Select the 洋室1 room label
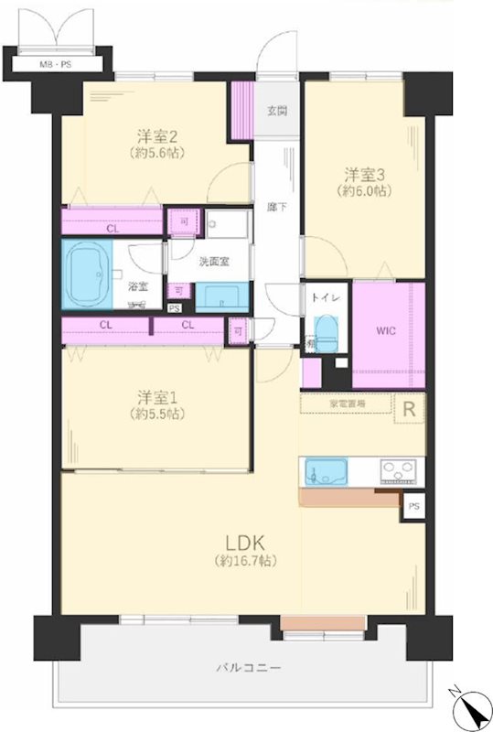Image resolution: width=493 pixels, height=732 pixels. pos(155,397)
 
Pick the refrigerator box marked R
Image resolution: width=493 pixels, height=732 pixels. pos(409,410)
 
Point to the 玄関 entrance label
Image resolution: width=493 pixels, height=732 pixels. pos(277,112)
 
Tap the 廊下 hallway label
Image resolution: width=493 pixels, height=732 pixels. pos(277,207)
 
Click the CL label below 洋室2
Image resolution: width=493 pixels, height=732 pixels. pos(112,229)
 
